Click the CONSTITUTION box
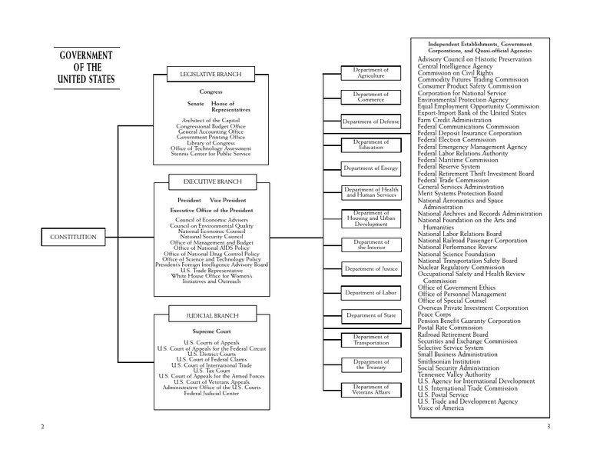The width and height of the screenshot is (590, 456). (x=74, y=238)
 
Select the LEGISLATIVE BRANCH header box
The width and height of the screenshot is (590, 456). (x=211, y=75)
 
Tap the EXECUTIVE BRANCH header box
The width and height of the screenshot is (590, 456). (x=211, y=181)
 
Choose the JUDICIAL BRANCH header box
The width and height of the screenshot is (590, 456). (x=211, y=316)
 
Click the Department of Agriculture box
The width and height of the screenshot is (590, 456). (x=370, y=73)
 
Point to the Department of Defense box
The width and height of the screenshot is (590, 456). (x=370, y=121)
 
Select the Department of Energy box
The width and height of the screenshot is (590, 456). (x=370, y=168)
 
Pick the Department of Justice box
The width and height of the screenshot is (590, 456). (x=370, y=268)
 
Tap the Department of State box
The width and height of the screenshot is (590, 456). (x=370, y=316)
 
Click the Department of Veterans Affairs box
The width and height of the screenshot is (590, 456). (x=370, y=390)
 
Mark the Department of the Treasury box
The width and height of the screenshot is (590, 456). (x=370, y=364)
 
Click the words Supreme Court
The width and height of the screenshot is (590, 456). (x=211, y=331)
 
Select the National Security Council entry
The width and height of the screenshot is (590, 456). (x=211, y=237)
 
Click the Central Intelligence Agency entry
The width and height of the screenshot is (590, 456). (x=455, y=66)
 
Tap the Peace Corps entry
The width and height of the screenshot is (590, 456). (x=434, y=314)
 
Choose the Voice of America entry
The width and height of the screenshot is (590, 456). (x=441, y=408)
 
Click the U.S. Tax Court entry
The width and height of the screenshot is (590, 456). (x=211, y=371)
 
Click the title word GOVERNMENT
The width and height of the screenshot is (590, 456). (x=86, y=57)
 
